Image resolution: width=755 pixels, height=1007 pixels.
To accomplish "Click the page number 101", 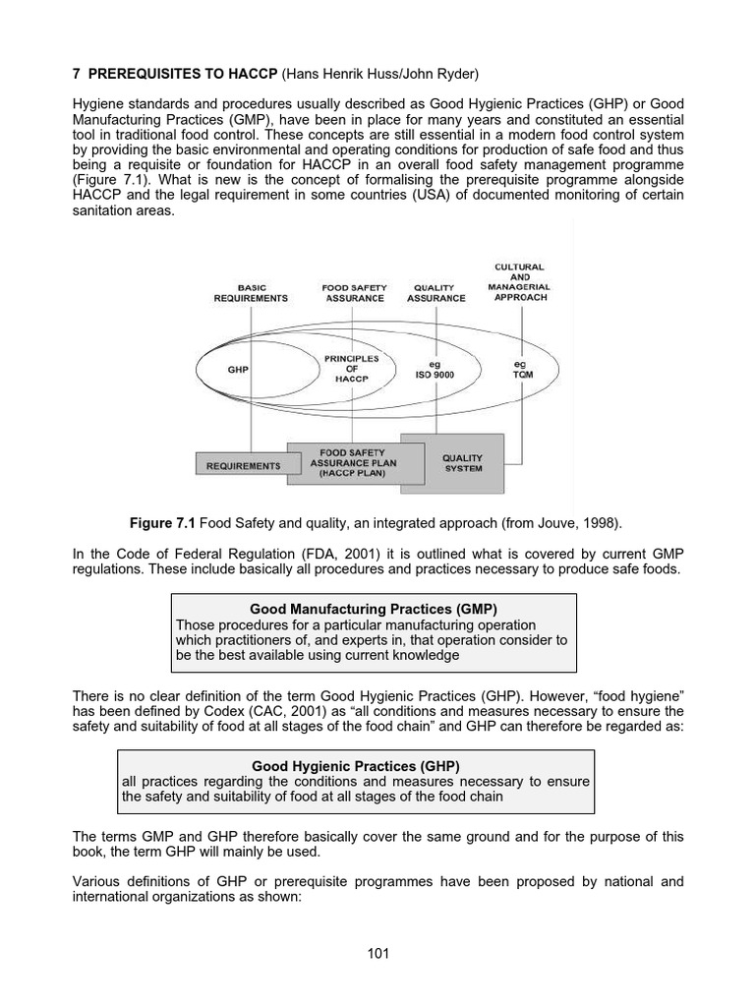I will coord(377,953).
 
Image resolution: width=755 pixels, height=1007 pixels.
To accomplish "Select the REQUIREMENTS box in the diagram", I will coord(243,466).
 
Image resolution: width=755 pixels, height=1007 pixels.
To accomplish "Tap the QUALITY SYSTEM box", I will coord(462,463).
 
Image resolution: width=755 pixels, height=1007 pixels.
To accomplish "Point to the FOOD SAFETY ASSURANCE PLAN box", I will coord(347,462).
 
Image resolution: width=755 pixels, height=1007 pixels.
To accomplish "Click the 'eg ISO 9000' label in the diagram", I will coord(436,369).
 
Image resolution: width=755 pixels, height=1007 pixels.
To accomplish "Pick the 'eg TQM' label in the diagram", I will coord(520,369).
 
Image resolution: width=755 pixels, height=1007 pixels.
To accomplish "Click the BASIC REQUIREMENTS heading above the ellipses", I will coord(251,293).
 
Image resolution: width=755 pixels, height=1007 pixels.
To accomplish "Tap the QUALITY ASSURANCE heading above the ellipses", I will coord(436,293).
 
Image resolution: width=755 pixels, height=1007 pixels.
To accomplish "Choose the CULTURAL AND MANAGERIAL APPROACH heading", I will coord(520,282).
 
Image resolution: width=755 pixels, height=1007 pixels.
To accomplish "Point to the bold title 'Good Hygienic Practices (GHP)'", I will coord(356,765).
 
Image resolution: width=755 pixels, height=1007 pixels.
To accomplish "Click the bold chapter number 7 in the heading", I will coord(77,74).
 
